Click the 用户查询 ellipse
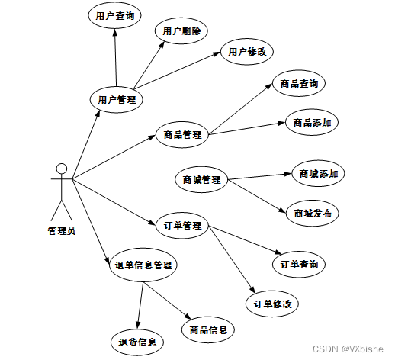(x=114, y=16)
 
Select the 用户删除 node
(x=181, y=31)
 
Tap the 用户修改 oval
(x=247, y=52)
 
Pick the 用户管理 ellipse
(x=117, y=100)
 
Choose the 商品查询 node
(x=299, y=83)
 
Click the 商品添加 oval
(x=312, y=123)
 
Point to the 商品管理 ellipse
(x=182, y=134)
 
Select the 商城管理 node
(x=201, y=180)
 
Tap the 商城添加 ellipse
(x=318, y=173)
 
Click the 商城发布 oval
(x=313, y=213)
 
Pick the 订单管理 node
(x=182, y=226)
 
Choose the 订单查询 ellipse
(x=299, y=265)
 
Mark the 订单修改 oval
(x=272, y=304)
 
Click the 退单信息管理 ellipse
(x=143, y=265)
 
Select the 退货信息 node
(x=137, y=342)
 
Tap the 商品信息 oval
(x=208, y=329)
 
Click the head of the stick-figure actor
(x=62, y=169)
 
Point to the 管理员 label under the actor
(x=62, y=231)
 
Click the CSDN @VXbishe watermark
(x=348, y=349)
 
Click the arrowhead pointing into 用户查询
(x=115, y=33)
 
